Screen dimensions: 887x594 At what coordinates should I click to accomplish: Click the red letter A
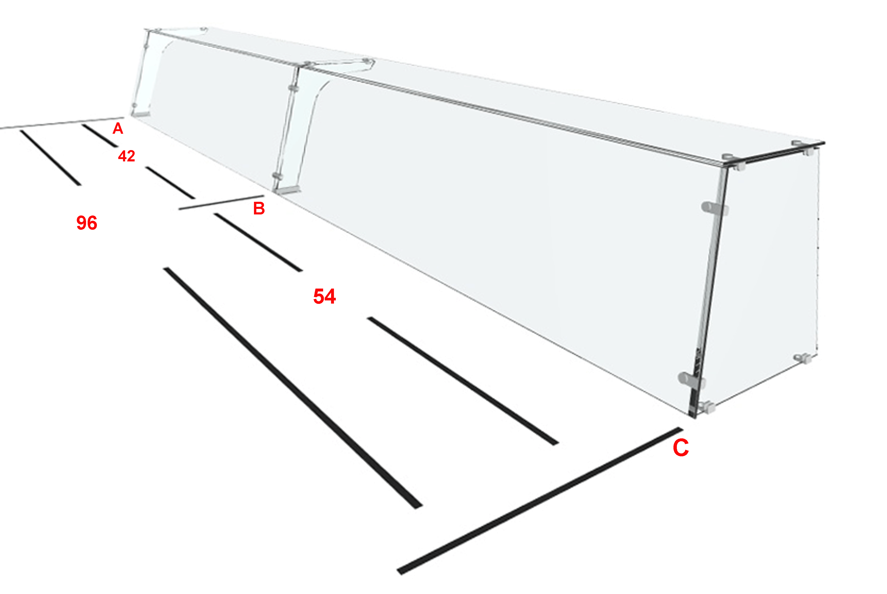pyautogui.click(x=118, y=129)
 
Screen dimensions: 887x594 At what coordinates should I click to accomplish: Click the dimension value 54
pyautogui.click(x=324, y=296)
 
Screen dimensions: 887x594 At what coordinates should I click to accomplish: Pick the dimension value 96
pyautogui.click(x=87, y=223)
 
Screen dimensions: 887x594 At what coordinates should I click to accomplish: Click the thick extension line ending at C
pyautogui.click(x=540, y=501)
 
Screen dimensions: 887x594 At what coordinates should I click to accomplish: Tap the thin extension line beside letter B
pyautogui.click(x=221, y=202)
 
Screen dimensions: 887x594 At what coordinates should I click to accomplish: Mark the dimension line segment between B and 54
pyautogui.click(x=258, y=242)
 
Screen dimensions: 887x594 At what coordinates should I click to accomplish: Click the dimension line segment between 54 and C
pyautogui.click(x=463, y=381)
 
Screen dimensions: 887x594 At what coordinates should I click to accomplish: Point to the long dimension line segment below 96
pyautogui.click(x=293, y=388)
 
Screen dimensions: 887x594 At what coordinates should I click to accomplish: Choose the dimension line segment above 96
pyautogui.click(x=51, y=158)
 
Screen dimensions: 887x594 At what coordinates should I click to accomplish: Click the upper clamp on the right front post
pyautogui.click(x=714, y=208)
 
